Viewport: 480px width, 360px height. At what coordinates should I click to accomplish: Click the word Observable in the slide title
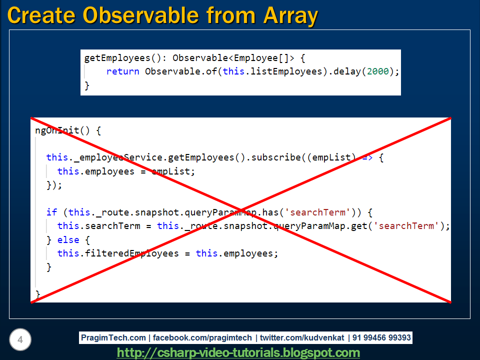[141, 15]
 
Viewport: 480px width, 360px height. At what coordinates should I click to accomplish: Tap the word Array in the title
[290, 16]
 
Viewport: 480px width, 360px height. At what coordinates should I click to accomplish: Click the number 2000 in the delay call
[378, 71]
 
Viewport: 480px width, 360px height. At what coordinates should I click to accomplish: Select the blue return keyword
[122, 71]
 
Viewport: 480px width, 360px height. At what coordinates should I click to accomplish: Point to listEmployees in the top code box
[286, 71]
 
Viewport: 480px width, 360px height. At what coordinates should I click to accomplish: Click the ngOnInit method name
[57, 130]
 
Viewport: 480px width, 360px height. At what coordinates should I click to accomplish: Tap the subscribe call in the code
[276, 157]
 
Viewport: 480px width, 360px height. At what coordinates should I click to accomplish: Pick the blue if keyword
[51, 212]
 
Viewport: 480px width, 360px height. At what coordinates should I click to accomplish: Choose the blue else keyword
[68, 239]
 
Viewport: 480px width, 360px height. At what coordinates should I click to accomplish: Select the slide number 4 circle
[20, 339]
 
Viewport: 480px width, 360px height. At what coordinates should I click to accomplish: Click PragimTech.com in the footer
[113, 337]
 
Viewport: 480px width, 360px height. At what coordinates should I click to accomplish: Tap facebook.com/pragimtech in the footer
[202, 337]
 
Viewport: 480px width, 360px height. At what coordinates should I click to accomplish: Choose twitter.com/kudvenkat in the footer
[302, 337]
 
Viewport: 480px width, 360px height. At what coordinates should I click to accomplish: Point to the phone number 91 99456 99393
[381, 337]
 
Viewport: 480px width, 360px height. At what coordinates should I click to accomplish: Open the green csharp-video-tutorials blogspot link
[238, 352]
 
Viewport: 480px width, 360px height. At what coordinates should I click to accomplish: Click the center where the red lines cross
[240, 210]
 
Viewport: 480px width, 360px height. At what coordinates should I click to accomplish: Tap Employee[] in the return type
[261, 58]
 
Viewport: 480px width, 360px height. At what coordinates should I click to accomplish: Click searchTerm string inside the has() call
[317, 212]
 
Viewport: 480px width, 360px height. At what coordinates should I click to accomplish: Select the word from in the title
[231, 15]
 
